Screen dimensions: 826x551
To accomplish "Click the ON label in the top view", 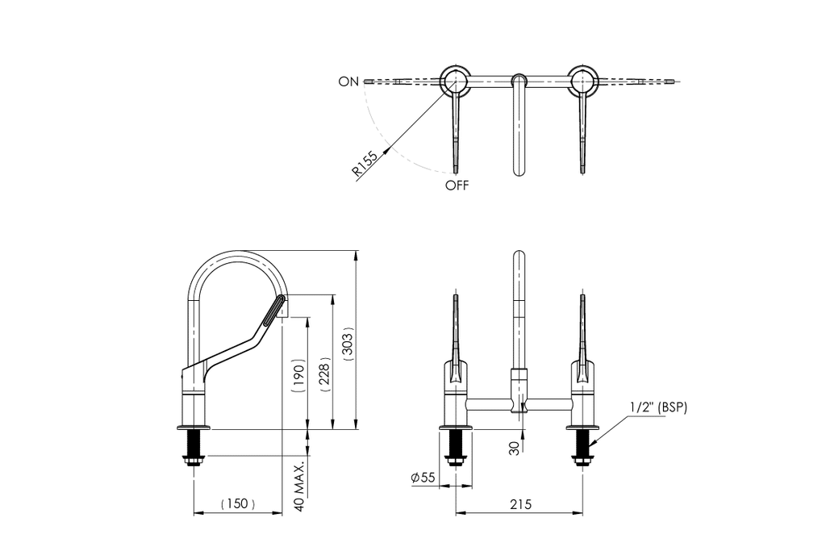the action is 348,81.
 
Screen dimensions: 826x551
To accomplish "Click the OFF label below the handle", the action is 457,186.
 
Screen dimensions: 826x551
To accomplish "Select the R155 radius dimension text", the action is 365,163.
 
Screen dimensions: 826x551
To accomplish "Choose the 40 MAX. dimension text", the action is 300,487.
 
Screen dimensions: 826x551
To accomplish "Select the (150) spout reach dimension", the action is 238,504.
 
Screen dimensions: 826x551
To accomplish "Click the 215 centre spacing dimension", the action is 521,504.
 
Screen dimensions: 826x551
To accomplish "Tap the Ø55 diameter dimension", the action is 423,478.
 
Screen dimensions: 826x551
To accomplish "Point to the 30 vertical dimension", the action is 515,448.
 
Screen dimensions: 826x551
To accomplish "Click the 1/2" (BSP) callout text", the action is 658,407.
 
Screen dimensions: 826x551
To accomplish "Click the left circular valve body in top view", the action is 453,81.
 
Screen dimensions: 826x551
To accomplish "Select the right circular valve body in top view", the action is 583,81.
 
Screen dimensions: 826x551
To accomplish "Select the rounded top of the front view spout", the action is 519,256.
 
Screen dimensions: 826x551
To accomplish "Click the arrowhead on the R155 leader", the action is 387,150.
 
